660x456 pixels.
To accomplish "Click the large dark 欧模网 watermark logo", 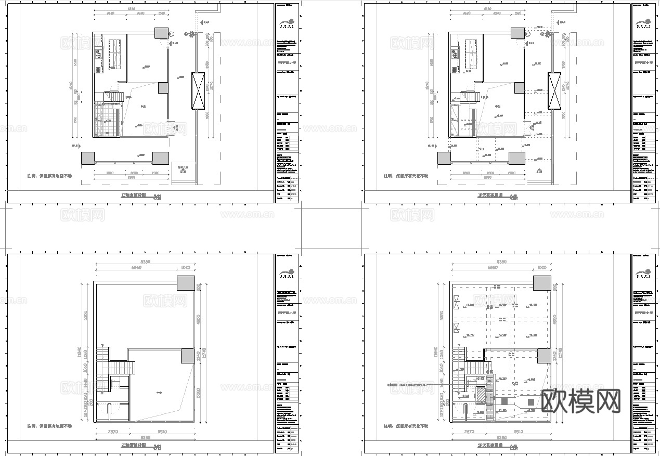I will (x=581, y=401).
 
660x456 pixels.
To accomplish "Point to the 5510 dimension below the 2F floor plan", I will (x=165, y=432).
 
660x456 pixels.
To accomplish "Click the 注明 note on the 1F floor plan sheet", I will (x=50, y=176).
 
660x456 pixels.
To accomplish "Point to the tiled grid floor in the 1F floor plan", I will (x=107, y=120).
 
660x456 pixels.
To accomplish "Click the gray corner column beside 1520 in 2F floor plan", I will (x=186, y=284).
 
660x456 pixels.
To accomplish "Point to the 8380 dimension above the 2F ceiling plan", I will (x=502, y=262).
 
